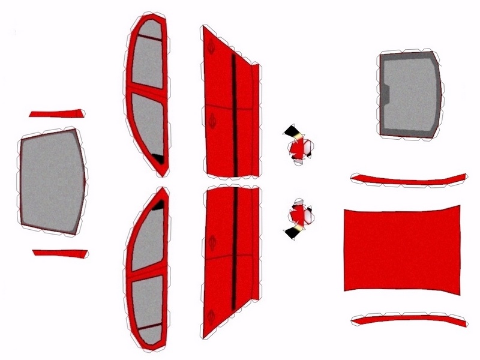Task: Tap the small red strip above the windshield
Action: click(x=56, y=113)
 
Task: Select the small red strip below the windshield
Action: click(x=60, y=253)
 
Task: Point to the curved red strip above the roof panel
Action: click(x=410, y=181)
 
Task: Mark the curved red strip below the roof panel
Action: click(x=410, y=318)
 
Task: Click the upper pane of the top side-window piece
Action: click(x=147, y=60)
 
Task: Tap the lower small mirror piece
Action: click(x=299, y=217)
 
